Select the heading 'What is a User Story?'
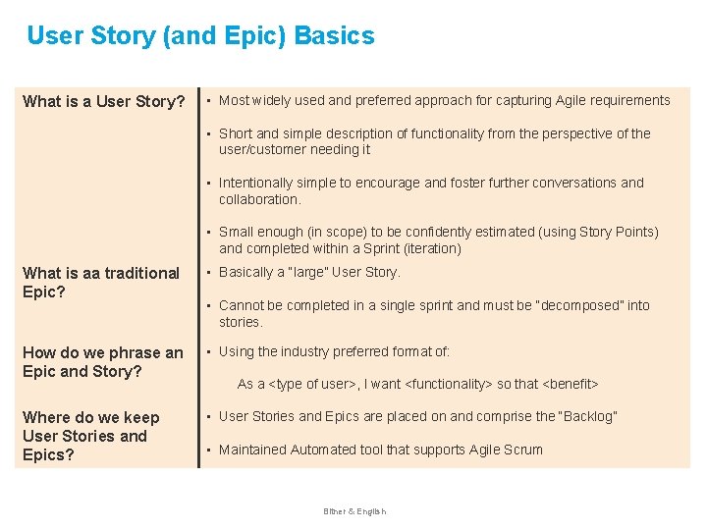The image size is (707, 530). coord(104,102)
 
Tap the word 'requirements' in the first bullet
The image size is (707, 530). coord(628,100)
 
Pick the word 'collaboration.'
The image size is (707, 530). coord(259,199)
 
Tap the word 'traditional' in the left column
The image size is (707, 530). coord(138,273)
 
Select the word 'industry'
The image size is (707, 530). coord(317,351)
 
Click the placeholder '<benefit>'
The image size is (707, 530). coord(571,384)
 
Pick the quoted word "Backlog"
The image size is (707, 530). coord(588,417)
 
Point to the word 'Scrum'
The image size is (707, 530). coord(523,450)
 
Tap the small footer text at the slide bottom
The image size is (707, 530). coord(354,511)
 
